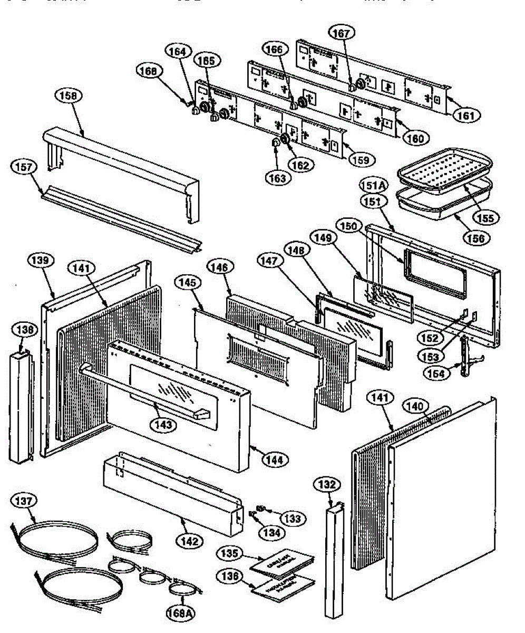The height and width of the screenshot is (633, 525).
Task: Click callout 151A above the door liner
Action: [x=373, y=185]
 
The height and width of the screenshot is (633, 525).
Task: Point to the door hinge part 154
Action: [x=464, y=357]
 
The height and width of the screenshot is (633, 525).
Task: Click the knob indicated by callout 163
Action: [x=275, y=143]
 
